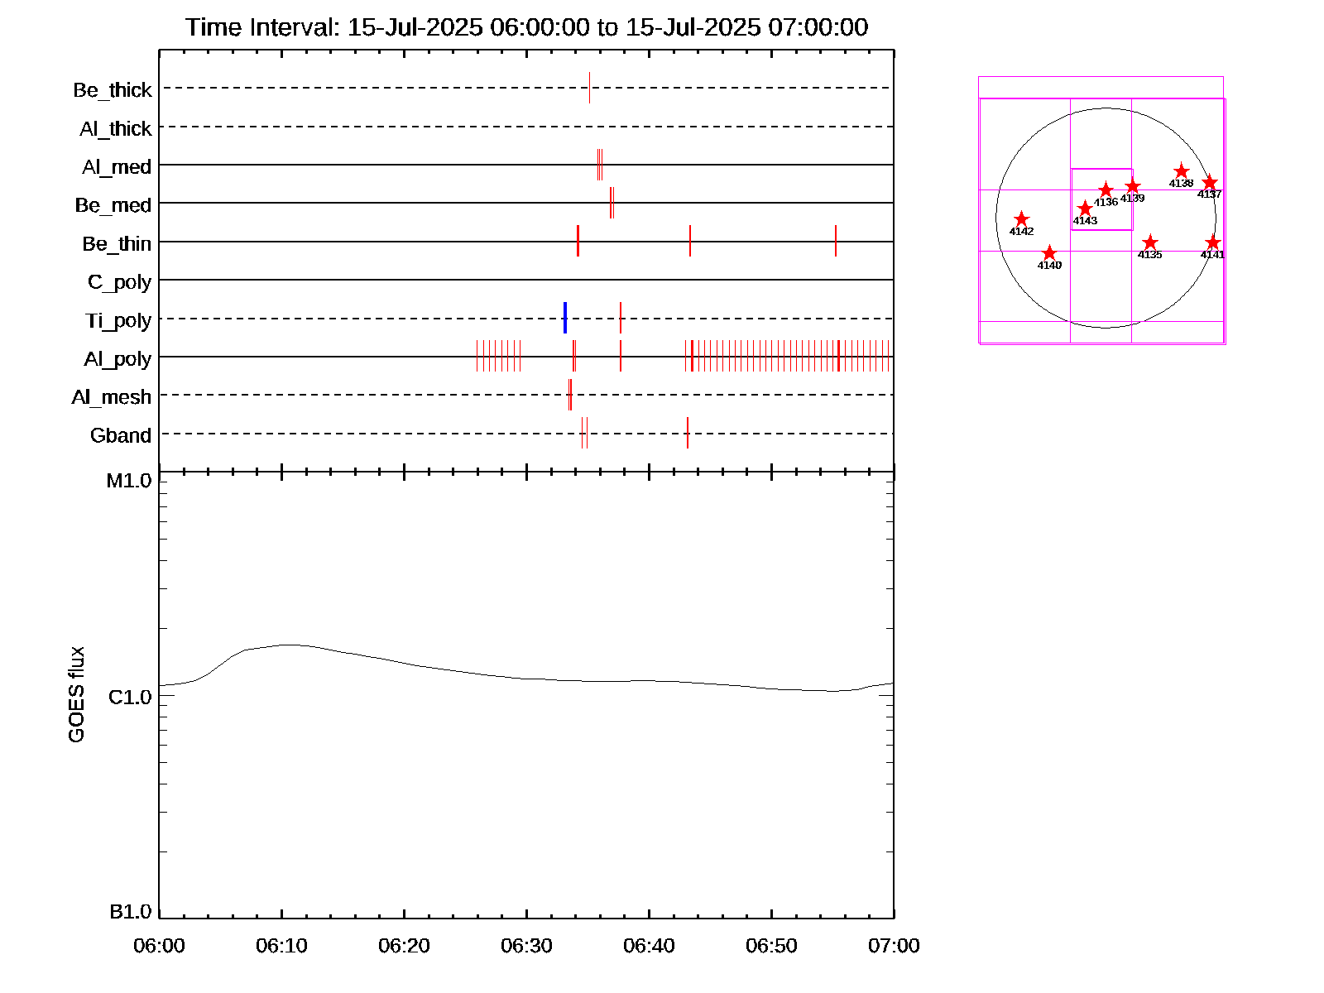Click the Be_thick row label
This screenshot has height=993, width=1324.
113,89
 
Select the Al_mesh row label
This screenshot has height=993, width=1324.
112,397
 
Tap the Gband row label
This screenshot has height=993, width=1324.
121,435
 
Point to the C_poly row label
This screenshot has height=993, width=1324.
120,282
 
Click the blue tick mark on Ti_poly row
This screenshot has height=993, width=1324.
565,318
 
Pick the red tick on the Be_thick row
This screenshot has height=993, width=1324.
589,88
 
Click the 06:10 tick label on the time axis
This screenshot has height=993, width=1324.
281,945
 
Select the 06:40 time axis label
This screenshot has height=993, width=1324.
649,945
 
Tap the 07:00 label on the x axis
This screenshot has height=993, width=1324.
894,945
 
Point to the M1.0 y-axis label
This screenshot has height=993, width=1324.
129,481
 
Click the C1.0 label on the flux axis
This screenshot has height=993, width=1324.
130,698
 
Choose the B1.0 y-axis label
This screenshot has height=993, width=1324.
131,912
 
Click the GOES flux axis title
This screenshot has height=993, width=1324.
76,694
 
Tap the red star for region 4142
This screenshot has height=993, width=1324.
1021,219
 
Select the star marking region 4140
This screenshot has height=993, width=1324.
1049,253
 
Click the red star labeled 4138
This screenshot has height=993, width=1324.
1182,171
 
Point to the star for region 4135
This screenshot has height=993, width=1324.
1150,242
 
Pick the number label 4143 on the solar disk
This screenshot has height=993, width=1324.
1085,221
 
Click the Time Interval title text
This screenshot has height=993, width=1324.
526,27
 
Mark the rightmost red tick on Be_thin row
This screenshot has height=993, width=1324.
836,241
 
